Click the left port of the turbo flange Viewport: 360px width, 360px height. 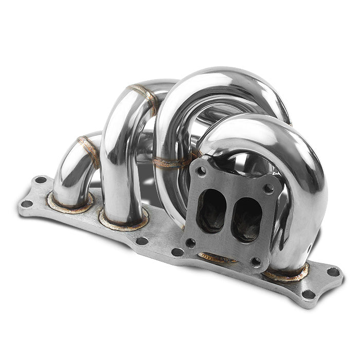pyautogui.click(x=211, y=211)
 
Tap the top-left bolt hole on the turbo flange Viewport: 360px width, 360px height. pyautogui.click(x=201, y=171)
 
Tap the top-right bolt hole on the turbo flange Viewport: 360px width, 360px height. pyautogui.click(x=269, y=189)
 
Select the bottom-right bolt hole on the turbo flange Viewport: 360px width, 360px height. pyautogui.click(x=256, y=262)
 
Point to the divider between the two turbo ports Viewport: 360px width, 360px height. pyautogui.click(x=228, y=215)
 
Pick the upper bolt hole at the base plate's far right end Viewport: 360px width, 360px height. pyautogui.click(x=333, y=272)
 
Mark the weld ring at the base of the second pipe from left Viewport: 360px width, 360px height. pyautogui.click(x=123, y=222)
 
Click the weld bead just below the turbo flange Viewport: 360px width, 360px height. pyautogui.click(x=216, y=258)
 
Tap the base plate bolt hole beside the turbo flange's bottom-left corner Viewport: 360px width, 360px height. pyautogui.click(x=177, y=252)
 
